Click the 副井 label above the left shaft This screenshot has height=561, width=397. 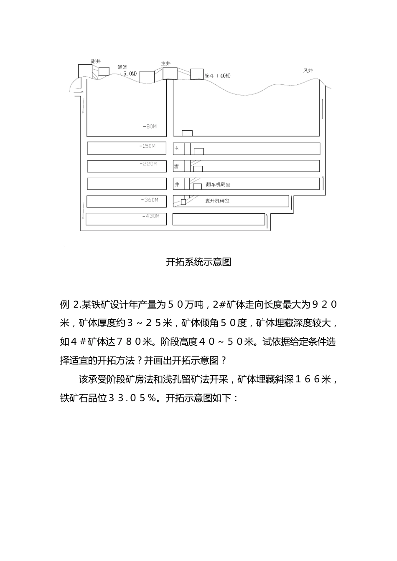click(96, 61)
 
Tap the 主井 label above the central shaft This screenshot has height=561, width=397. click(166, 63)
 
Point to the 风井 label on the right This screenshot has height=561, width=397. click(308, 71)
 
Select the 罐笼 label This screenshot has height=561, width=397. click(122, 67)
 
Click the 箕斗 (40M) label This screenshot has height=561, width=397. click(217, 76)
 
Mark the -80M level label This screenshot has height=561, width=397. click(149, 126)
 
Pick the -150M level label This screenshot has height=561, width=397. click(147, 146)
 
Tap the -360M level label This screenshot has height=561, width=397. click(150, 200)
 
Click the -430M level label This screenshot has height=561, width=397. click(151, 216)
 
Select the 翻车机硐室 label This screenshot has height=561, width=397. click(218, 184)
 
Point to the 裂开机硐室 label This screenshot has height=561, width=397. click(217, 201)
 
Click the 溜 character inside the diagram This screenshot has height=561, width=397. click(176, 167)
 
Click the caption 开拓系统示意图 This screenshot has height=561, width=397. click(198, 262)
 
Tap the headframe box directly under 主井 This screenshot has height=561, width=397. click(170, 73)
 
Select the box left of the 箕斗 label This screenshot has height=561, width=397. click(197, 74)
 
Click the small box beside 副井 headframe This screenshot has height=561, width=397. click(104, 71)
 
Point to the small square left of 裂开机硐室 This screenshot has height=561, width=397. click(183, 202)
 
